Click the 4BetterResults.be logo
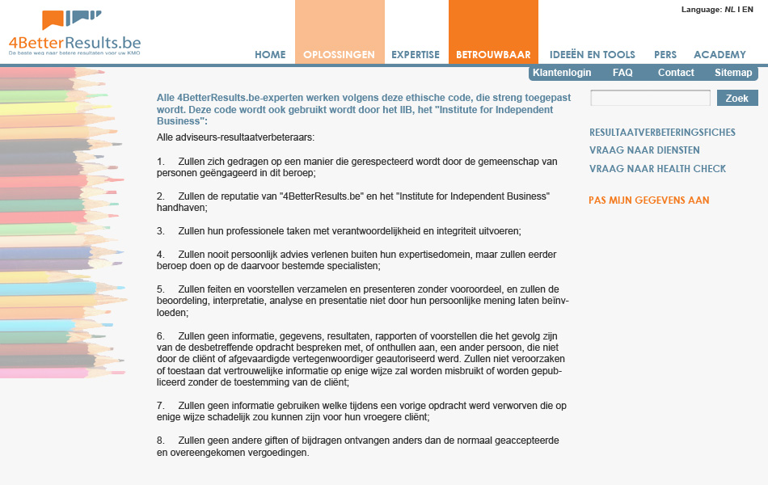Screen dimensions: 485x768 tap(74, 33)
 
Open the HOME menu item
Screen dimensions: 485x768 tap(270, 55)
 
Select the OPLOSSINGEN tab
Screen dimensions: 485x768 tap(339, 55)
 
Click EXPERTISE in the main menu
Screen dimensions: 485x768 tap(416, 55)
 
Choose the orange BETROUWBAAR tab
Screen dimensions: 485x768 tap(493, 55)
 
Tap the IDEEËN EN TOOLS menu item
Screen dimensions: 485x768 tap(593, 55)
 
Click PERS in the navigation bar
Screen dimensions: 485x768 tap(665, 55)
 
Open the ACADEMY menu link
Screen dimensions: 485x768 tap(719, 55)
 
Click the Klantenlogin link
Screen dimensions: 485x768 tap(562, 73)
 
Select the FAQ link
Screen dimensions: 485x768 tap(622, 73)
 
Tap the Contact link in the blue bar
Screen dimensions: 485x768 tap(676, 73)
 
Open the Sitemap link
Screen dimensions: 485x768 tap(733, 73)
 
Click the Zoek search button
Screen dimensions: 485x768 tap(737, 99)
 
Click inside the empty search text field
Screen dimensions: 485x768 tap(650, 99)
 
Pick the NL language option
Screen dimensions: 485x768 tap(729, 10)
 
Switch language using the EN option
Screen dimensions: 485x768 tap(749, 10)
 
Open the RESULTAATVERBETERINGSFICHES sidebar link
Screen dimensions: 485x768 tap(662, 133)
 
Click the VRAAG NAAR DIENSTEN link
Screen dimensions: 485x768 tap(644, 150)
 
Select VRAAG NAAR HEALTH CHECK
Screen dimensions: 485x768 tap(657, 169)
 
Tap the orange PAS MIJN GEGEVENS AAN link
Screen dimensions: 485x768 tap(648, 200)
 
